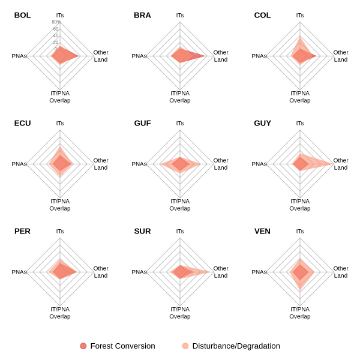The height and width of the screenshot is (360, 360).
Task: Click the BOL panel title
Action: pyautogui.click(x=23, y=15)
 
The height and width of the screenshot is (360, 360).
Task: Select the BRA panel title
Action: pyautogui.click(x=142, y=15)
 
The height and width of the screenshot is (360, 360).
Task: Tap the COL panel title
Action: pyautogui.click(x=262, y=15)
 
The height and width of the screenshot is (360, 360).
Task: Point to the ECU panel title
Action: pyautogui.click(x=23, y=123)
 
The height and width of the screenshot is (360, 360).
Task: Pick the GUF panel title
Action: pyautogui.click(x=142, y=123)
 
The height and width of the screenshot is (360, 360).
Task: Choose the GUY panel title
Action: pyautogui.click(x=262, y=123)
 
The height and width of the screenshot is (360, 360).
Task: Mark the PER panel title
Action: pyautogui.click(x=23, y=231)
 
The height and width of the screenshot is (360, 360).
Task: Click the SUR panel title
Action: pyautogui.click(x=142, y=231)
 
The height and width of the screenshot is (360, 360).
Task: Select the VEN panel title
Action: pyautogui.click(x=262, y=231)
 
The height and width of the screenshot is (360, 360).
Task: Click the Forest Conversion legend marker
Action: pyautogui.click(x=83, y=346)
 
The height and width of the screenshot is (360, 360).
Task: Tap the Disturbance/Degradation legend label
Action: pyautogui.click(x=236, y=346)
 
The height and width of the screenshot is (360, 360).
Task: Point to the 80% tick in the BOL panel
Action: pyautogui.click(x=56, y=22)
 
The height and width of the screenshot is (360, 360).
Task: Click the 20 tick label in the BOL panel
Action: pyautogui.click(x=56, y=43)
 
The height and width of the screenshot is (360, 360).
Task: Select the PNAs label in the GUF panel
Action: pyautogui.click(x=139, y=164)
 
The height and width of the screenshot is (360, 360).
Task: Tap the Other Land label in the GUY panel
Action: pyautogui.click(x=341, y=164)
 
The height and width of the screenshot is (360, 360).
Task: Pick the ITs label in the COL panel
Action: pyautogui.click(x=300, y=15)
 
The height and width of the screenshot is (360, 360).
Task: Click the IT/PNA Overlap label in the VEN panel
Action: pyautogui.click(x=300, y=313)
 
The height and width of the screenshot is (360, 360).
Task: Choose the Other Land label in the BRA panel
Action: pyautogui.click(x=221, y=56)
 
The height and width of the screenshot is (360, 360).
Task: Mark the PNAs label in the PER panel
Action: pyautogui.click(x=19, y=272)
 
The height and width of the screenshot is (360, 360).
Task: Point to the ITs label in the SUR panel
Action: pyautogui.click(x=180, y=231)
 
